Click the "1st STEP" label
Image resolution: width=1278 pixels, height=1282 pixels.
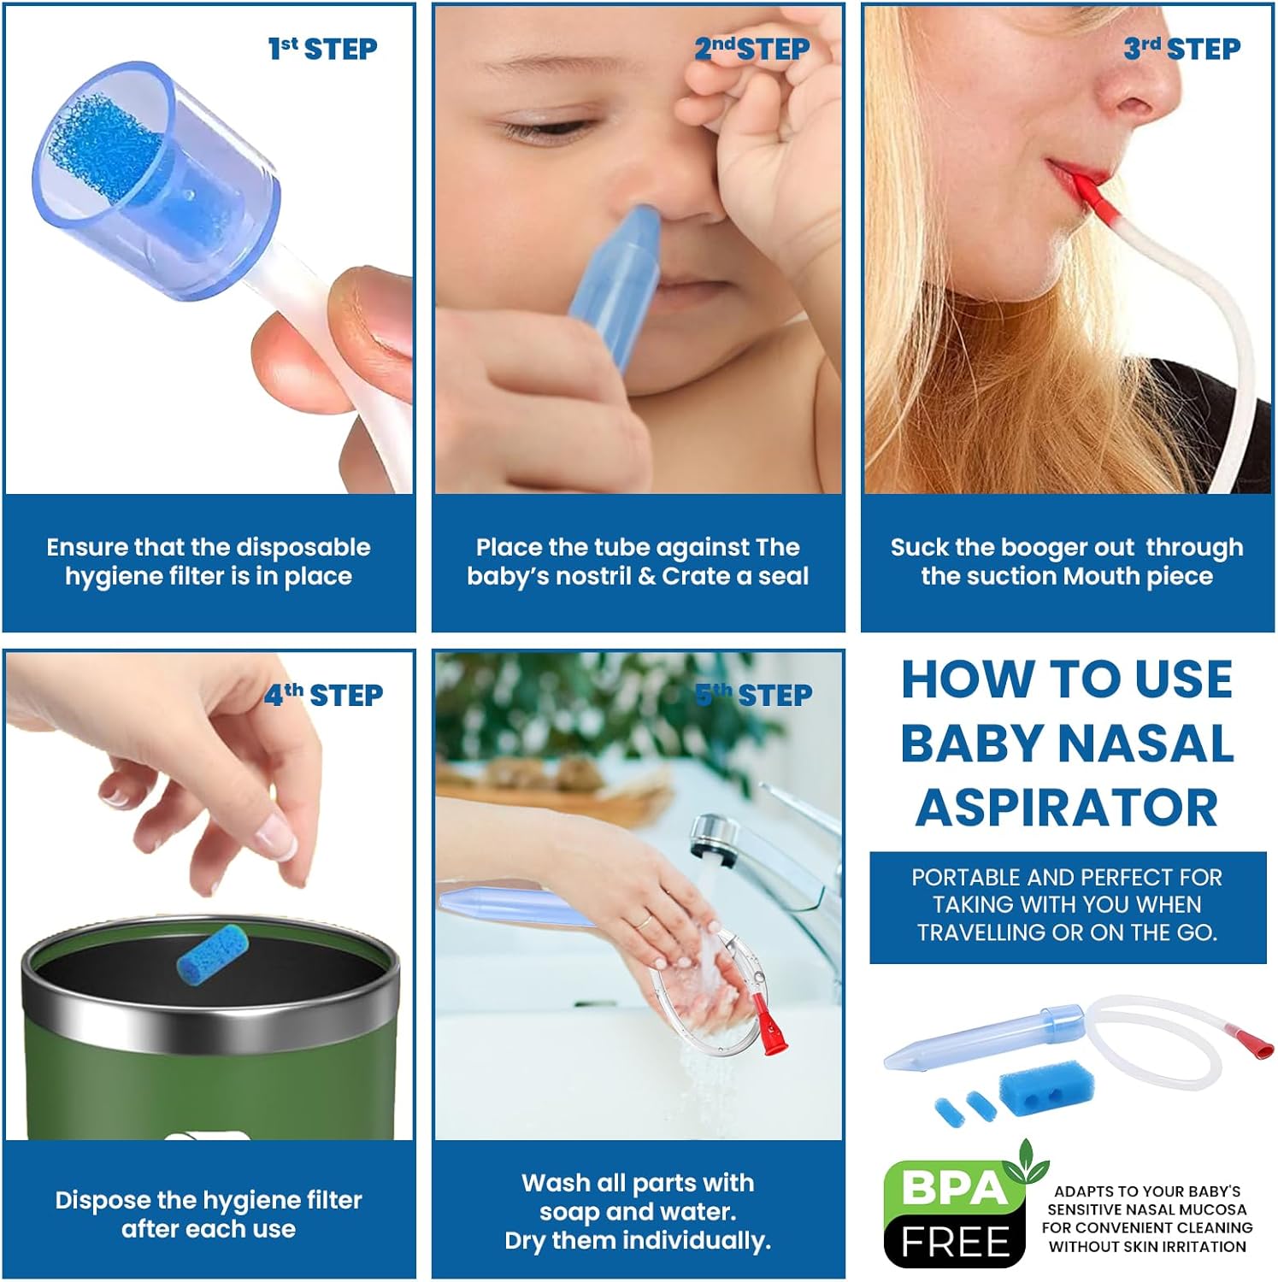tap(322, 49)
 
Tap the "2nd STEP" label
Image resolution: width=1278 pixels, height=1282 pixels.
tap(751, 49)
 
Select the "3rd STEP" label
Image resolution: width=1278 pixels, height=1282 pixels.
tap(1181, 49)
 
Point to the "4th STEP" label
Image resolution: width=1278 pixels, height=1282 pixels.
tap(323, 695)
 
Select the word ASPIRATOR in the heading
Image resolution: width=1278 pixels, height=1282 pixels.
tap(1067, 808)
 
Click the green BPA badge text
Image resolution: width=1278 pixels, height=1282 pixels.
tap(954, 1188)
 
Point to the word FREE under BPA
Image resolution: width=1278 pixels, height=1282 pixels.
tap(956, 1242)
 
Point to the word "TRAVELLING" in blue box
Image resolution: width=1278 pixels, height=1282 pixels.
tap(981, 932)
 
